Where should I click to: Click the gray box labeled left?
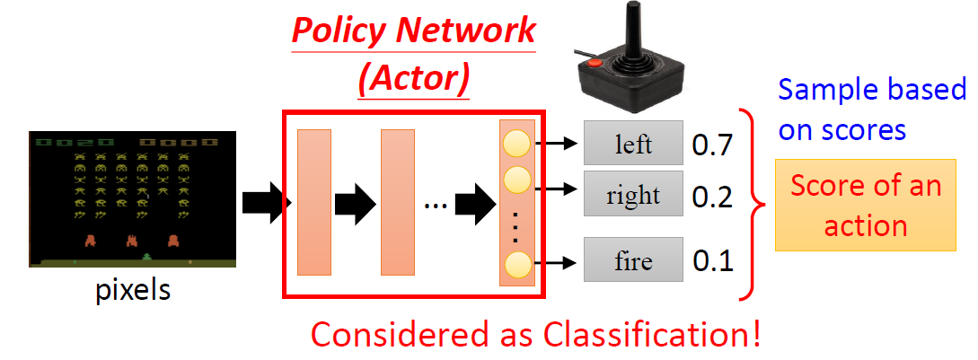tap(633, 143)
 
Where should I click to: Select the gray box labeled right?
tap(633, 194)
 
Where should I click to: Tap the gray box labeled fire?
tap(633, 262)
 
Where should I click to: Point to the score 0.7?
tap(712, 144)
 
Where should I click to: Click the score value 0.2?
tap(712, 196)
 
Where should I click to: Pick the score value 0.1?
tap(712, 262)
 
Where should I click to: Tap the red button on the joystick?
tap(594, 65)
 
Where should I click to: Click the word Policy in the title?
tap(342, 31)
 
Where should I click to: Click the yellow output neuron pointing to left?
tap(517, 142)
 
